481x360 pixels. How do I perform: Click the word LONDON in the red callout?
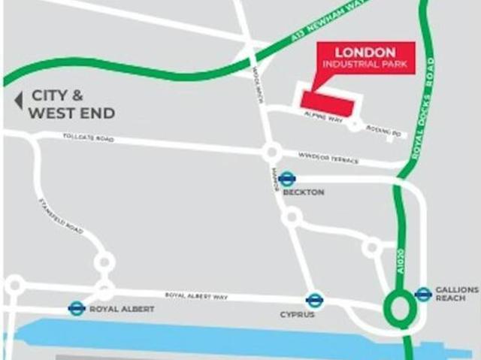tap(365, 53)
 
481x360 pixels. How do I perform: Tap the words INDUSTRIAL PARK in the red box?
tap(365, 65)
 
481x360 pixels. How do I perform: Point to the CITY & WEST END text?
tap(72, 104)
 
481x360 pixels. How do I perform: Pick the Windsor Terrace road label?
tap(328, 159)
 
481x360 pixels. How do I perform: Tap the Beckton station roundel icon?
tap(287, 179)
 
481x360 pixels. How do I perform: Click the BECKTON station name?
tap(304, 192)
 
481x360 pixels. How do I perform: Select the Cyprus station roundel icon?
tap(315, 300)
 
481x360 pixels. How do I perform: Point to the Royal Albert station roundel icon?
tap(76, 308)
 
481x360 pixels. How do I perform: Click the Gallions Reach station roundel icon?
tap(423, 294)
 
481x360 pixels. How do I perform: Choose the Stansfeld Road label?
tap(59, 216)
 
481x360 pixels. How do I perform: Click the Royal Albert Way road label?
tap(195, 296)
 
